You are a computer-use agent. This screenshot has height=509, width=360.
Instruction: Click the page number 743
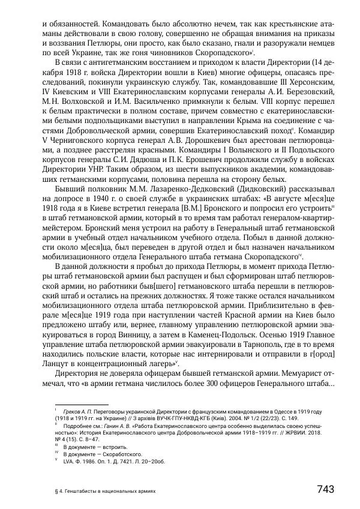click(x=325, y=489)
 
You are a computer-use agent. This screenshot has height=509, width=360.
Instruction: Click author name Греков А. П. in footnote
click(x=80, y=412)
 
